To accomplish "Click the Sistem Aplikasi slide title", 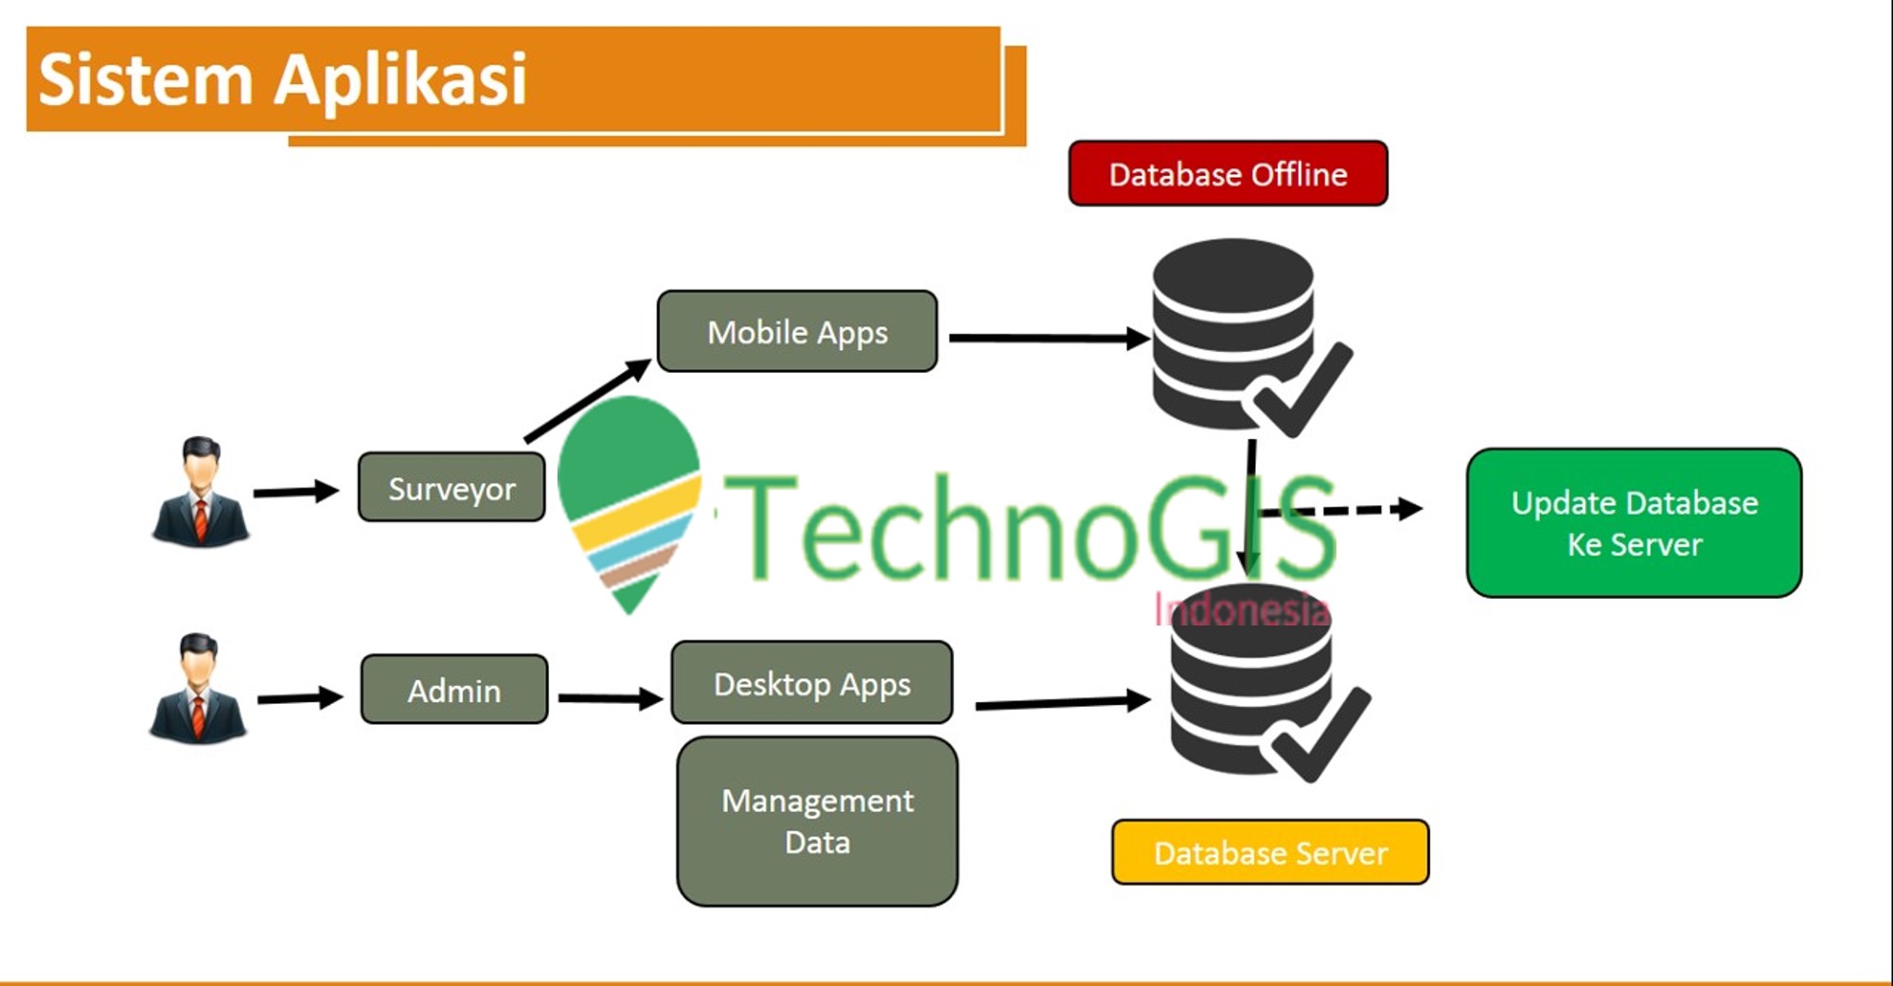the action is click(x=282, y=79).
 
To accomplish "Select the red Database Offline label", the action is click(x=1228, y=173).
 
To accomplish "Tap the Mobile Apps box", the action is click(x=797, y=331).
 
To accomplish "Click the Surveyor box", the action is click(x=451, y=487).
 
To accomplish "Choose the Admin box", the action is click(x=454, y=690).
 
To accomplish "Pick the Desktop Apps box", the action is click(x=812, y=683).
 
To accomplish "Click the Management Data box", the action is click(x=818, y=821).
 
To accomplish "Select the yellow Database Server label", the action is click(x=1270, y=853).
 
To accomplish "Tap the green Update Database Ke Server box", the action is click(x=1635, y=523).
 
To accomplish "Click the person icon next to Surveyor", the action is click(x=200, y=492).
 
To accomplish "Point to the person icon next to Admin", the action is click(x=198, y=688).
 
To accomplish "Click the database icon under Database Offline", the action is click(x=1249, y=337).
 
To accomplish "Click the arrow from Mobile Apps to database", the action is click(x=1050, y=338).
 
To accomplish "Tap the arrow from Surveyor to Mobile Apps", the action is click(x=588, y=400).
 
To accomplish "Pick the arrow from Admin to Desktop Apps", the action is click(x=610, y=698).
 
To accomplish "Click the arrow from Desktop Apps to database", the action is click(x=1063, y=702).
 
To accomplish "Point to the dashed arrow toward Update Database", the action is click(x=1339, y=510).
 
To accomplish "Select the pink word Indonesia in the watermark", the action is click(x=1242, y=609).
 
